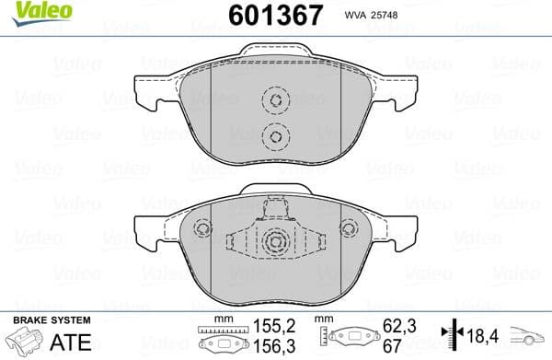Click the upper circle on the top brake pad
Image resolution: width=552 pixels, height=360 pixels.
coord(273,101)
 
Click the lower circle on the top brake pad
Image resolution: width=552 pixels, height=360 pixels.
coord(273,136)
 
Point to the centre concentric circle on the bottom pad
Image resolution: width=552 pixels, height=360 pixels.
coord(274,243)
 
